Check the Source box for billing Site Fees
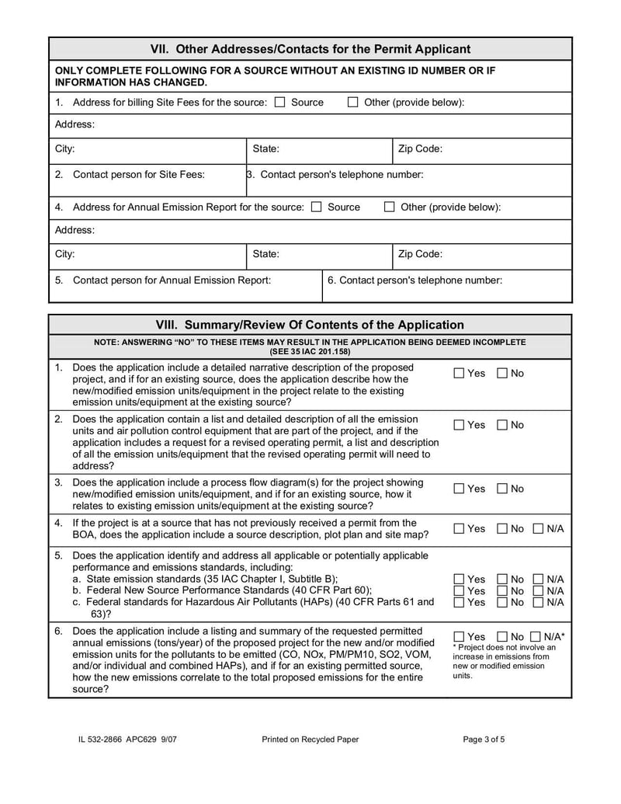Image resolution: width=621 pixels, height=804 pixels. (280, 103)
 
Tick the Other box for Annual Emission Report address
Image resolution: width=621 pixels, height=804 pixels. (390, 207)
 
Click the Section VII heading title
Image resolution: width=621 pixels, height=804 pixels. (310, 49)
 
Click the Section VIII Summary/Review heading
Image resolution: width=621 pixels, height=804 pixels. (310, 325)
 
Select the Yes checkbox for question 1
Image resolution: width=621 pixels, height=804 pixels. (459, 374)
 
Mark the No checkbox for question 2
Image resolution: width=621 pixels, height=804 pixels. (502, 425)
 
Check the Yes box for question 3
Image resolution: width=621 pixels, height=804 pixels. (459, 489)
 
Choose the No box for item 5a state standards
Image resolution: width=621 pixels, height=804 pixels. (502, 580)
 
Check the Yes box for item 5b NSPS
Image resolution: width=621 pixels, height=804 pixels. (459, 591)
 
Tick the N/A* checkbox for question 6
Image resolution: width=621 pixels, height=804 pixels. (535, 637)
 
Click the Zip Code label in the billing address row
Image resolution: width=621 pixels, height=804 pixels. (420, 148)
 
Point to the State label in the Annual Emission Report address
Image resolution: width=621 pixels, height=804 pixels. (266, 254)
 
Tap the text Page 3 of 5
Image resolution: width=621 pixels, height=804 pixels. (484, 740)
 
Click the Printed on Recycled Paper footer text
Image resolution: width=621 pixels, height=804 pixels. (310, 740)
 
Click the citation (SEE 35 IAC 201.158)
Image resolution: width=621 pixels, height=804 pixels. (310, 352)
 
